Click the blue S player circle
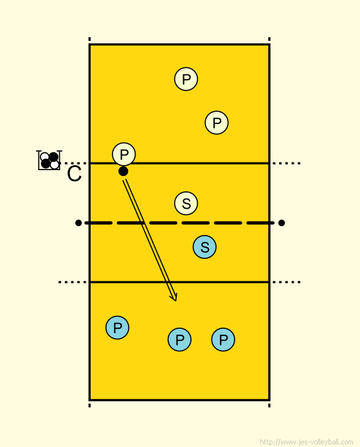coord(204,247)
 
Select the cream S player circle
coord(186,203)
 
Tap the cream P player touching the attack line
coord(124,154)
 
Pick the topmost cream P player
coord(186,79)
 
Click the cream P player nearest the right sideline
coord(217,123)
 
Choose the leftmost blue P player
coord(117,328)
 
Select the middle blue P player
coord(179,340)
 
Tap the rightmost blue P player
coord(223,340)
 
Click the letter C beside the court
coord(74,174)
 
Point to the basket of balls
coord(49,160)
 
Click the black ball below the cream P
coord(123,171)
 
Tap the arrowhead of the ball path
coord(174,297)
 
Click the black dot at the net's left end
coord(78,223)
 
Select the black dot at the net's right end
coord(282,223)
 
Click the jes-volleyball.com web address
coord(307,442)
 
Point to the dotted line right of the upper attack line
coord(287,163)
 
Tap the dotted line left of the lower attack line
coord(73,282)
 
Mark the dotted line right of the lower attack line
coord(287,282)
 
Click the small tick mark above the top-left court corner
coord(89,39)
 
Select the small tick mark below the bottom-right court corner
coord(269,405)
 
